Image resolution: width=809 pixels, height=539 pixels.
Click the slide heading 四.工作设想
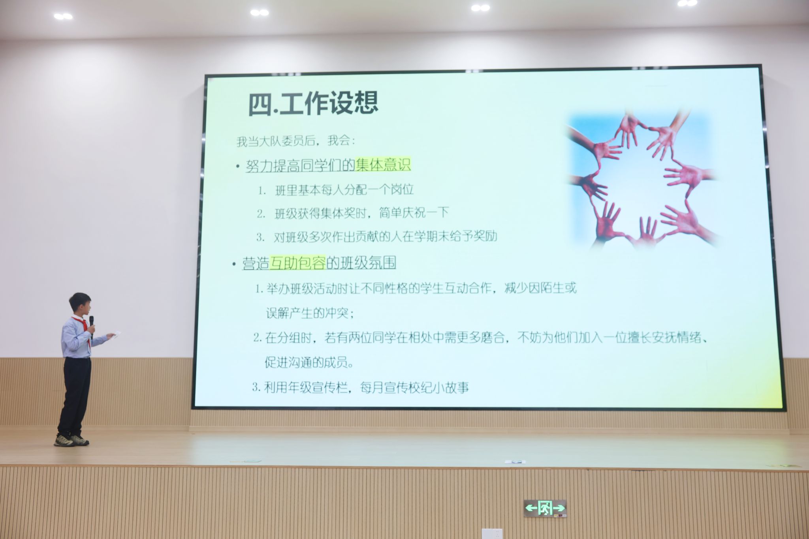[x=313, y=103]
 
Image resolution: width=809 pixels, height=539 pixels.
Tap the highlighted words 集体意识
[x=383, y=164]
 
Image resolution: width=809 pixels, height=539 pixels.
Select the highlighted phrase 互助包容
[x=297, y=263]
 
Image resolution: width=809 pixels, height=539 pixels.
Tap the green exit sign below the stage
[x=545, y=508]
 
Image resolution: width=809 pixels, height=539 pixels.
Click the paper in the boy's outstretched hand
[x=115, y=334]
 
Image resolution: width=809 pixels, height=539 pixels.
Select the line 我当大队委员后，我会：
[x=296, y=141]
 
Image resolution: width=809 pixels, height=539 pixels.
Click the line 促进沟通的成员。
[x=309, y=362]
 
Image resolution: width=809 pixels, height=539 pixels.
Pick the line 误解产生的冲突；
[x=310, y=313]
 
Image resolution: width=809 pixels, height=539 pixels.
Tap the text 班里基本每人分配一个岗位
[x=344, y=190]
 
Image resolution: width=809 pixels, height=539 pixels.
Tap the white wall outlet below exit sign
[x=492, y=533]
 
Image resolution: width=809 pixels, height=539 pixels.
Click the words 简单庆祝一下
[x=414, y=213]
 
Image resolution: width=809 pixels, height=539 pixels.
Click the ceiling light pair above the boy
[x=63, y=16]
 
